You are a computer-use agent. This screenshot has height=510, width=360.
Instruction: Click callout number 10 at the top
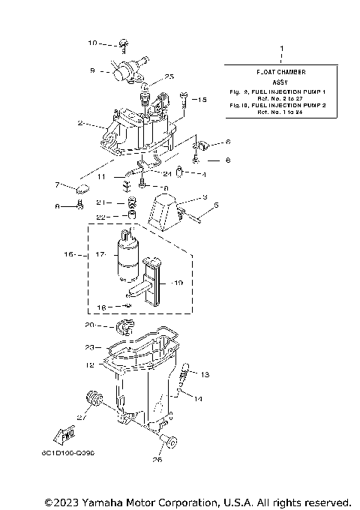click(92, 43)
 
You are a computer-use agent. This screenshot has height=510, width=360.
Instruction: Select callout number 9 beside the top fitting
click(92, 71)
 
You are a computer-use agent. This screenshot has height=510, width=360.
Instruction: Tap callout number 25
click(169, 76)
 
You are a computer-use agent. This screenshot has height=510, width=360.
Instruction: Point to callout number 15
click(202, 99)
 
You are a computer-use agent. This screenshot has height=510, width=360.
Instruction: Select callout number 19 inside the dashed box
click(178, 283)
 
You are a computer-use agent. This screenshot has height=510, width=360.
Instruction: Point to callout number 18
click(100, 307)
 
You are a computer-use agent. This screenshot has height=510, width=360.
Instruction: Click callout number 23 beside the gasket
click(88, 347)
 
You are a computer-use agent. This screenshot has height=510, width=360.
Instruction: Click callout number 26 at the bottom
click(157, 460)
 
